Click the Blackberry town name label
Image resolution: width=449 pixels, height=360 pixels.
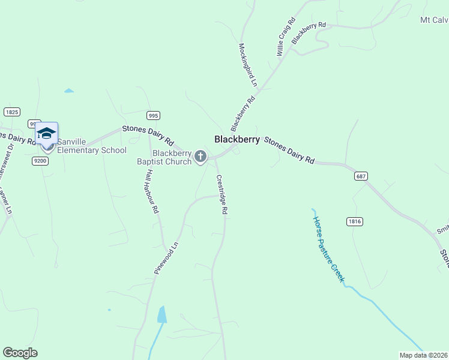click(x=237, y=139)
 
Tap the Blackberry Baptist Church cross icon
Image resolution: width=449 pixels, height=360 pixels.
click(x=201, y=157)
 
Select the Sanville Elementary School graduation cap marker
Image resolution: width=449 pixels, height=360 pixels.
click(x=46, y=133)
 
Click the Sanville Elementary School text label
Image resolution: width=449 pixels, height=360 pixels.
click(x=92, y=151)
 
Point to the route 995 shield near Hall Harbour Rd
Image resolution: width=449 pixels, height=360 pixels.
click(x=153, y=115)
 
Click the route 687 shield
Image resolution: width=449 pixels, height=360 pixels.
click(x=361, y=176)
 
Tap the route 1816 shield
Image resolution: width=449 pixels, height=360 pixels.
click(x=355, y=221)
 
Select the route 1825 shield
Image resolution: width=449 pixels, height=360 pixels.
click(x=11, y=112)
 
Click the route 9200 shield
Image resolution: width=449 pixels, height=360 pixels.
click(x=40, y=161)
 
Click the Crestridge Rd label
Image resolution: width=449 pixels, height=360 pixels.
click(x=221, y=194)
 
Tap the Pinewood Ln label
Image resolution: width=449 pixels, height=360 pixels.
click(x=167, y=258)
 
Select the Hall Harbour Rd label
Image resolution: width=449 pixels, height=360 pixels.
click(x=152, y=191)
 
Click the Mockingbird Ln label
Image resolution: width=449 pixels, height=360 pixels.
click(x=248, y=65)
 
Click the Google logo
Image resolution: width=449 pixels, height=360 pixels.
click(x=20, y=353)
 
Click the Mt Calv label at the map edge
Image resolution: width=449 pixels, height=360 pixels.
click(x=434, y=20)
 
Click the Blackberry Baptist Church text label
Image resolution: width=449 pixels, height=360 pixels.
click(x=171, y=157)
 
